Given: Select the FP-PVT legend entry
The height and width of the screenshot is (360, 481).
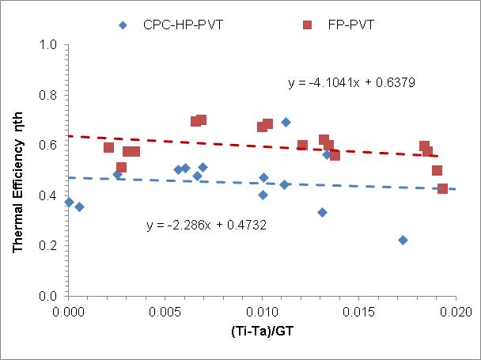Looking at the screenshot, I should pos(339,25).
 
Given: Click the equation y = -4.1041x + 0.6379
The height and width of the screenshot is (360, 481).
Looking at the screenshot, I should pos(352,81).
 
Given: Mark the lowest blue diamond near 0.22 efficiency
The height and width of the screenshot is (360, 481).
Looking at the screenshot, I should pos(403,240).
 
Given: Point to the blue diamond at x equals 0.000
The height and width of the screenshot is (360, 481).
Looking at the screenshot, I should pos(69,202).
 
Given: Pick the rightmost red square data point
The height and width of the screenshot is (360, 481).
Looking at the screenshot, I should pos(442,188).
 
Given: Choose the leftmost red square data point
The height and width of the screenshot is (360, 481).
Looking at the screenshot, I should pos(109,147).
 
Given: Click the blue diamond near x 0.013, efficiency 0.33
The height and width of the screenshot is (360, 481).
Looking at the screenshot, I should pos(322,212).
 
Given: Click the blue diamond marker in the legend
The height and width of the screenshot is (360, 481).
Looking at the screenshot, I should pos(123,25).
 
